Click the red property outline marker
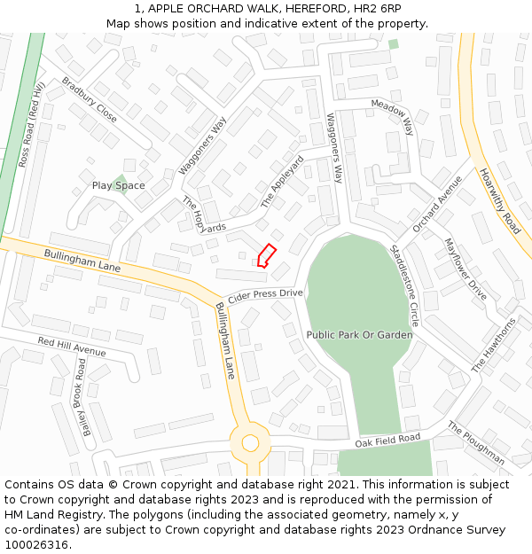tap(265, 255)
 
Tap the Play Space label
tap(118, 185)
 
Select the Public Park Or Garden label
tap(359, 335)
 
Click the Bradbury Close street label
tap(89, 100)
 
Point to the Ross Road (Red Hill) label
tap(31, 125)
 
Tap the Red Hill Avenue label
tap(71, 347)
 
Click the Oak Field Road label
tap(387, 440)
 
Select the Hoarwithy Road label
tap(499, 200)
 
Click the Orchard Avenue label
tap(437, 204)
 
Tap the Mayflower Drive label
tap(465, 269)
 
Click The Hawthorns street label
tap(493, 345)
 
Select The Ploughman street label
tap(476, 443)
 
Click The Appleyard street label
tap(282, 182)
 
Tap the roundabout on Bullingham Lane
tap(249, 441)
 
